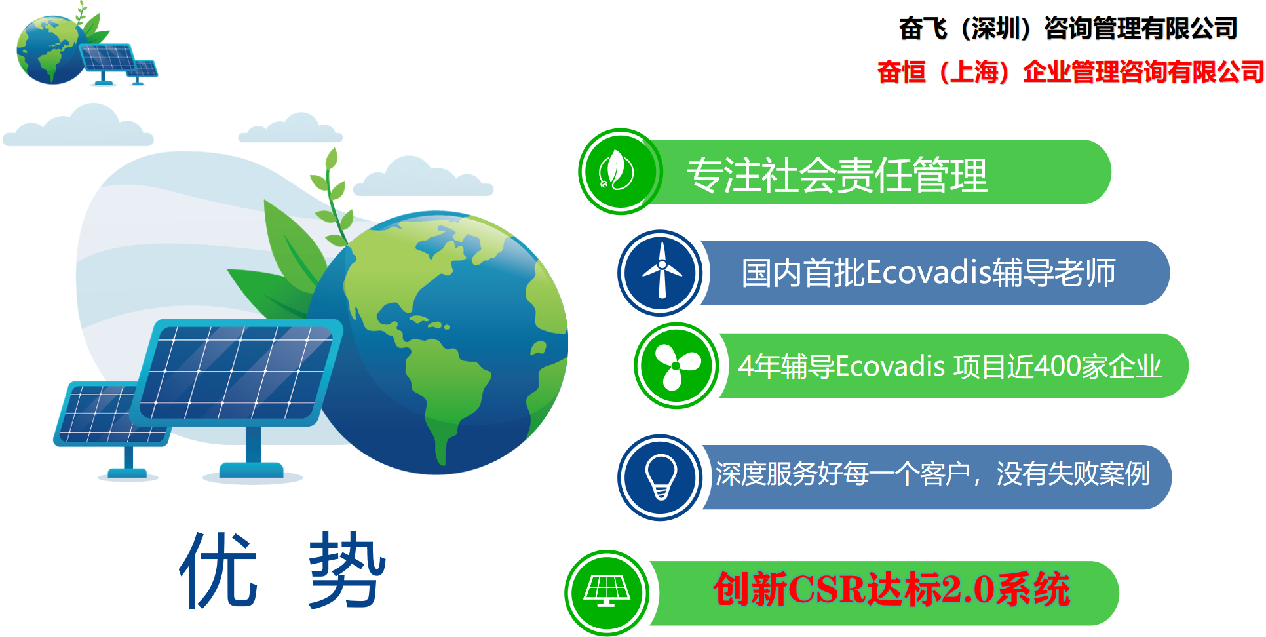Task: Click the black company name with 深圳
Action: pos(1067,29)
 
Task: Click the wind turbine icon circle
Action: pos(661,273)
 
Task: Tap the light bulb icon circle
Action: pos(661,477)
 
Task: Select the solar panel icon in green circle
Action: pos(607,592)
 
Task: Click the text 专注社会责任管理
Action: pos(836,176)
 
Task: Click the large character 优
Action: pos(218,570)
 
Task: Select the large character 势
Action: pos(347,570)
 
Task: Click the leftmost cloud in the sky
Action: pos(79,128)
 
